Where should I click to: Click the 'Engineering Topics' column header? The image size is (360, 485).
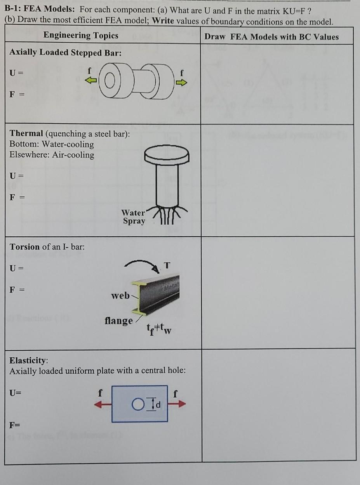point(81,36)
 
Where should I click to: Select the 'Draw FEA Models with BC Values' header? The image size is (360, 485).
point(271,37)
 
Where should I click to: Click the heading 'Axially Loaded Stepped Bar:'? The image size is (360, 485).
point(65,53)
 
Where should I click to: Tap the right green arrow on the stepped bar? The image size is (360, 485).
point(182,82)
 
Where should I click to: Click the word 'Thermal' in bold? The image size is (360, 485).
point(26,133)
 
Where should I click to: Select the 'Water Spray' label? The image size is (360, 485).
point(133,217)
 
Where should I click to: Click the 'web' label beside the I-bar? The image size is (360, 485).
point(120,296)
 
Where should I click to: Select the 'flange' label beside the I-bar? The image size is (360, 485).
point(118,321)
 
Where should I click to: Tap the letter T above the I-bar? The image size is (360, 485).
point(167,265)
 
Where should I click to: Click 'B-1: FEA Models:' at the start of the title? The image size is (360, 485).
point(40,11)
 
